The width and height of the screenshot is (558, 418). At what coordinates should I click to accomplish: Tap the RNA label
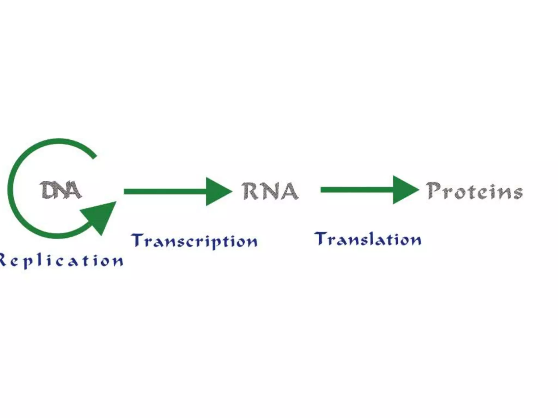click(269, 191)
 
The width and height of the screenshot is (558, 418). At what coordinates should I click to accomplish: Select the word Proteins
click(474, 191)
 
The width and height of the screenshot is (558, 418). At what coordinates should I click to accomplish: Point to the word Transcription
click(195, 241)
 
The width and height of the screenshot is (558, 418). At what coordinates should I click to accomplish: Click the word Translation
click(368, 239)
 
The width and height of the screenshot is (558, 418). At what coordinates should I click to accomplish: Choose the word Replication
click(61, 261)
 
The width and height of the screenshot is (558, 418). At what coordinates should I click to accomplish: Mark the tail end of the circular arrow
click(94, 155)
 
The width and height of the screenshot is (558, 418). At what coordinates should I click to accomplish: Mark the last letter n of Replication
click(117, 262)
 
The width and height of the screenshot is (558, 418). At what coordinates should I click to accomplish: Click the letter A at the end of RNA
click(289, 191)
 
